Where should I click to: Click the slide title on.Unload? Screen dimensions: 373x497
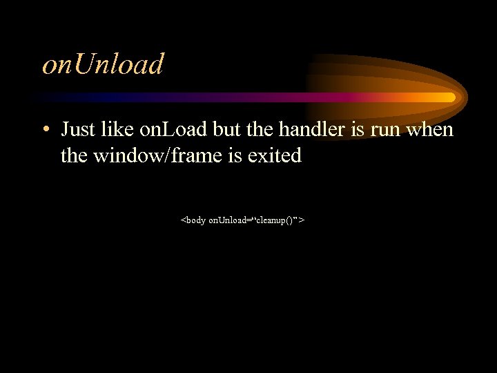point(104,64)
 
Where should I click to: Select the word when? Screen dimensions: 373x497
point(431,129)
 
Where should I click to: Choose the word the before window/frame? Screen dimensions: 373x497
point(75,155)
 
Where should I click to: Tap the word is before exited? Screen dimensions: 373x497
point(228,155)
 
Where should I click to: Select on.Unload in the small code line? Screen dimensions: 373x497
point(229,220)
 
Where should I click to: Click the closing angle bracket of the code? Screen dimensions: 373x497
point(303,220)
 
